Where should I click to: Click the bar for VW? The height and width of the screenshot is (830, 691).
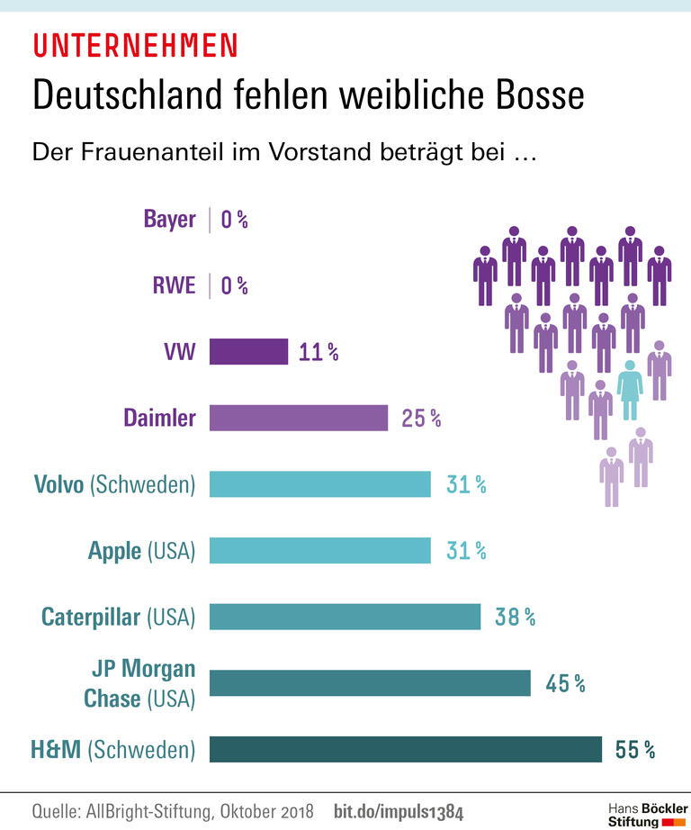pos(248,351)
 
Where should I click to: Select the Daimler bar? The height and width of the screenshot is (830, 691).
pos(299,418)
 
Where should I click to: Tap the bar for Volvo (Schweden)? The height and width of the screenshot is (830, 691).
pos(320,484)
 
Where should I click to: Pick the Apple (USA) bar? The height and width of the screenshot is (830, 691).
pos(320,550)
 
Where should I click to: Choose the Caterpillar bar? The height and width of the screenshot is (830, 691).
pos(345,617)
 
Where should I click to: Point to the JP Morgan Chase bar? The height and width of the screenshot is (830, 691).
pos(370,683)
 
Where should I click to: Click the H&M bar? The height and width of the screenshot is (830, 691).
pos(406,749)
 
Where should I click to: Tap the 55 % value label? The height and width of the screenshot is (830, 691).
pos(635,749)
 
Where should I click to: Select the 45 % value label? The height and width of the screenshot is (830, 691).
pos(565,683)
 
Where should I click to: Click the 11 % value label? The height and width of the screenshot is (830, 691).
pos(319,352)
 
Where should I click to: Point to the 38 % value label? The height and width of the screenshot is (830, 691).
pos(516,617)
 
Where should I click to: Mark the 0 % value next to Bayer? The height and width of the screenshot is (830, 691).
pos(234,220)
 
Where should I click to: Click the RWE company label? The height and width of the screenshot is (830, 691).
pos(174,286)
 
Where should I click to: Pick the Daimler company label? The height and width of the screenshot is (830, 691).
pos(159,418)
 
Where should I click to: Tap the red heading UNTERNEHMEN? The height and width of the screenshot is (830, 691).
pos(135,44)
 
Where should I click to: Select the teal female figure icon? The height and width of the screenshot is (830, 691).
pos(630,389)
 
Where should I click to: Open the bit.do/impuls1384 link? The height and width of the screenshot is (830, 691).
pos(398,811)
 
